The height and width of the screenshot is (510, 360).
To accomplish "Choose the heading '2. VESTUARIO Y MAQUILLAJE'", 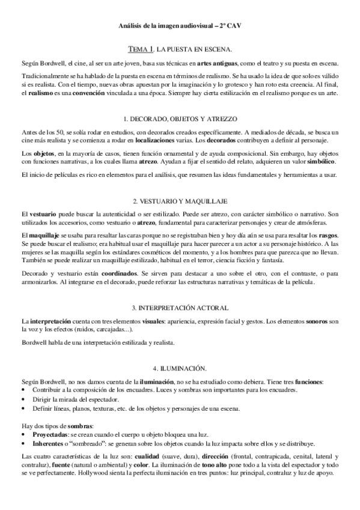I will click(180, 200).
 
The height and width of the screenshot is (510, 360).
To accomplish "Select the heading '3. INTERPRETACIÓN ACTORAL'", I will click(180, 308).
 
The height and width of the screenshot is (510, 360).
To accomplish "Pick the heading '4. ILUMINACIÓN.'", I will click(180, 367).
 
